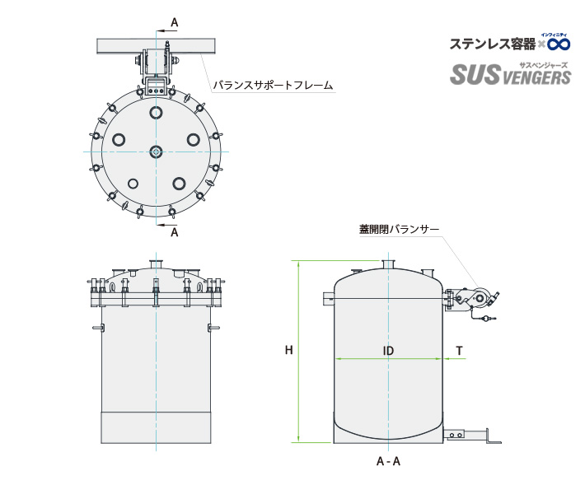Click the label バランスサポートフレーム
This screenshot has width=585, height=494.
[x=273, y=85]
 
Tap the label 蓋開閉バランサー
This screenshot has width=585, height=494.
[x=399, y=229]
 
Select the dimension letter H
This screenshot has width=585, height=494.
[x=289, y=351]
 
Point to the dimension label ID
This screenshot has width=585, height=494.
[x=388, y=351]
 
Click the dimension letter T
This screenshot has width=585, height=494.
[x=460, y=351]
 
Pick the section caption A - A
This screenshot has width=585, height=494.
[x=388, y=461]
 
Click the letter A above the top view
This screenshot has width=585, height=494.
[x=174, y=21]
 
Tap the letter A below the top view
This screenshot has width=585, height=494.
[x=174, y=232]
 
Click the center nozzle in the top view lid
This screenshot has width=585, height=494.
[x=156, y=151]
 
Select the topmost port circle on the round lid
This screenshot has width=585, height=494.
[x=156, y=112]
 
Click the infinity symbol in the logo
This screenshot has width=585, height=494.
[x=559, y=43]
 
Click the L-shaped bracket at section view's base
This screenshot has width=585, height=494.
[x=493, y=438]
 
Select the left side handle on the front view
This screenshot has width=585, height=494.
[x=97, y=329]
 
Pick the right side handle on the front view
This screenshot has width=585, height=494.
[x=214, y=329]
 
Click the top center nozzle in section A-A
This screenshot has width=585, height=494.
[x=388, y=264]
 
